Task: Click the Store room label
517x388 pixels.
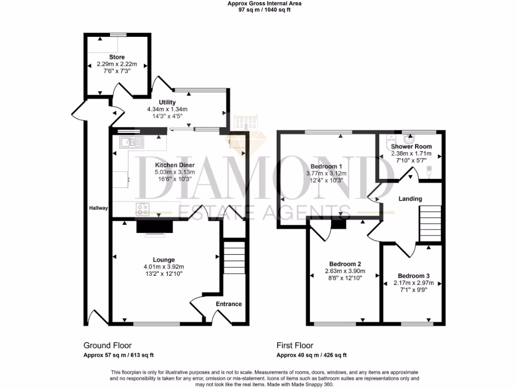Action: (117, 57)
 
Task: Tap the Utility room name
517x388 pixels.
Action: (167, 103)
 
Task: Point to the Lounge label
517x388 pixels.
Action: (165, 260)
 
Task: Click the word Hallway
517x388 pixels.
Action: (98, 208)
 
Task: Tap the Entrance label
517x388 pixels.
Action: (229, 304)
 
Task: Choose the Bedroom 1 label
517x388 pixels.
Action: (326, 166)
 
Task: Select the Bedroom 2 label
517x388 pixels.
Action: (345, 264)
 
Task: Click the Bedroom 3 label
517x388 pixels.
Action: (413, 276)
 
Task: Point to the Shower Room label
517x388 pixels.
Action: (411, 147)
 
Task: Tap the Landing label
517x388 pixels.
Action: (410, 199)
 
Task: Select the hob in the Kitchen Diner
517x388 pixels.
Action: (142, 207)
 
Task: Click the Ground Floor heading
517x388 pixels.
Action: (108, 346)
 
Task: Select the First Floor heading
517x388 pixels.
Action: (295, 346)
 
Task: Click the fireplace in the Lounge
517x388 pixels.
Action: (154, 228)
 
